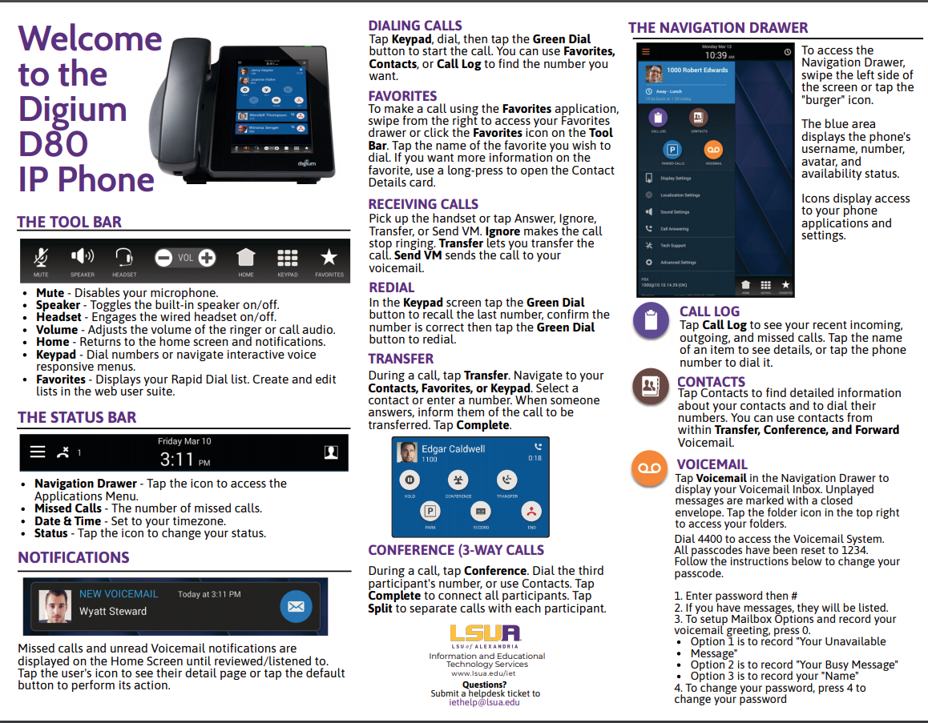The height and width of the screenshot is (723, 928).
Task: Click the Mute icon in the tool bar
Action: pos(41,257)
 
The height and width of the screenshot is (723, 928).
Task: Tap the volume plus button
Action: pos(207,258)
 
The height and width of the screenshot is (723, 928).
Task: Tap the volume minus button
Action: pos(163,258)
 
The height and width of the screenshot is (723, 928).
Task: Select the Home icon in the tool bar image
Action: pos(246,258)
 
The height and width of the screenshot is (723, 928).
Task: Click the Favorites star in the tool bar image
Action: pos(329,257)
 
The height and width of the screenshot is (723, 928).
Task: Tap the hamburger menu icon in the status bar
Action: pos(38,452)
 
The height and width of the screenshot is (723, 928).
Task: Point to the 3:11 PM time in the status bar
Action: pos(184,460)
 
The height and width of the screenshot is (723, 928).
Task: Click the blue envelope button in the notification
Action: pos(296,607)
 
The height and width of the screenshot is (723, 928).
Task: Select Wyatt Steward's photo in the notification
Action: pos(54,606)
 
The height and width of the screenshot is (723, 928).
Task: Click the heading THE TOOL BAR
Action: pos(70,222)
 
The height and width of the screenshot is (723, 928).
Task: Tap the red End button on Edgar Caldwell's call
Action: pos(530,512)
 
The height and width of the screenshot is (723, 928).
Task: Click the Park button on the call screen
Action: pos(430,512)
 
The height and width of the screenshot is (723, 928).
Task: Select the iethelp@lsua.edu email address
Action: pos(485,702)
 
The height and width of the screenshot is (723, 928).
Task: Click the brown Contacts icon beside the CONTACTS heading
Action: pos(649,387)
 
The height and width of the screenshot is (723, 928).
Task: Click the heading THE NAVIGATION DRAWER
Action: pos(718,28)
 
